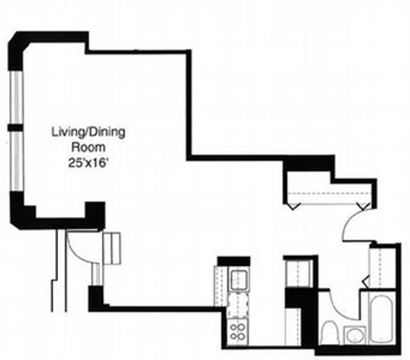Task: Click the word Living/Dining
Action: [88, 133]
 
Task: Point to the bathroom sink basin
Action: [354, 336]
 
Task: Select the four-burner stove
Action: [238, 331]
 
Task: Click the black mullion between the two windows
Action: [15, 127]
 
